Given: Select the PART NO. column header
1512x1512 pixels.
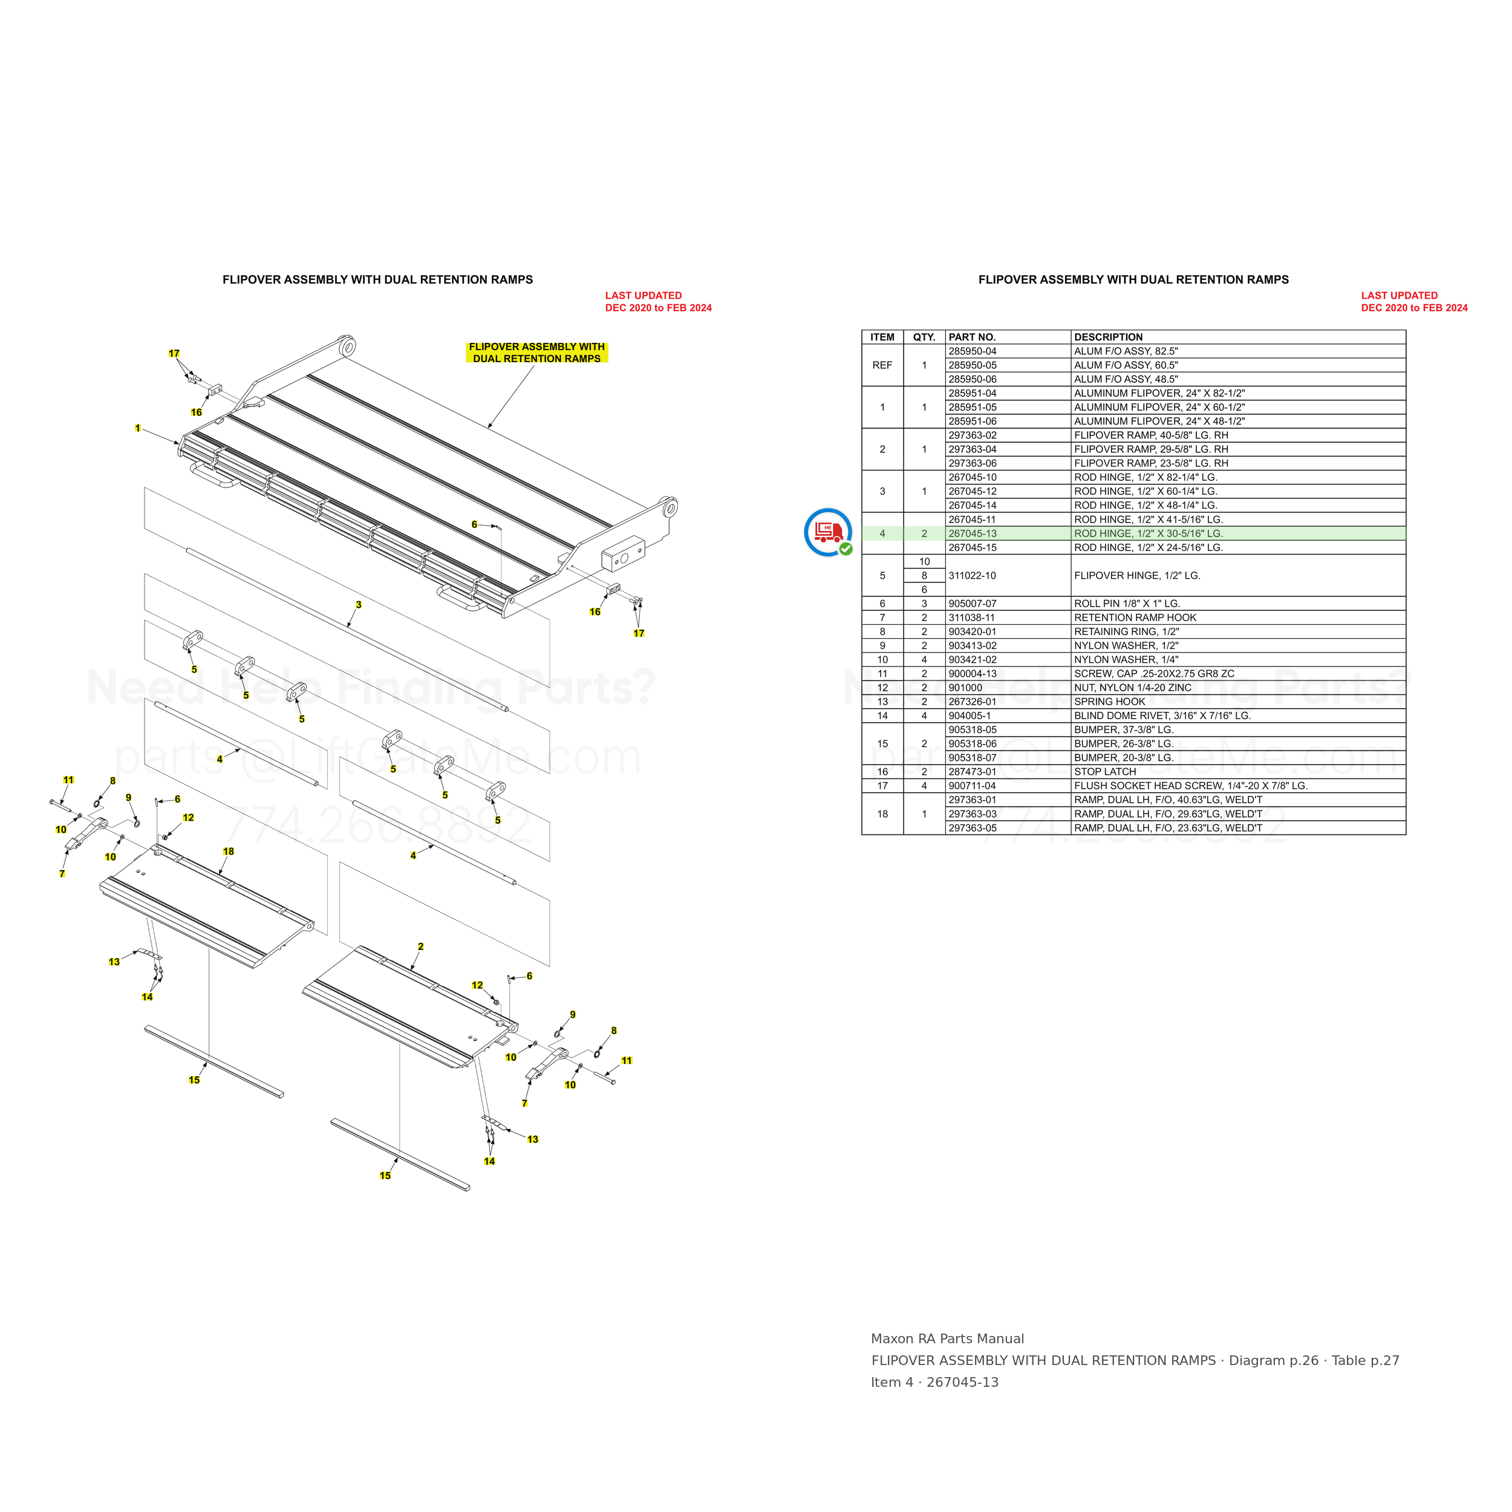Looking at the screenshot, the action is pos(972,337).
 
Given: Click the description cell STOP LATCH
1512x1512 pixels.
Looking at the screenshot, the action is pos(1105,772).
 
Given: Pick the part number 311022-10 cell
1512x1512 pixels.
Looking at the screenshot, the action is pos(972,576).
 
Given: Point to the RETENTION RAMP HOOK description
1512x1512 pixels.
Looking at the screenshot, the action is pos(1135,618).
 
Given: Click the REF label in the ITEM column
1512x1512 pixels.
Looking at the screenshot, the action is pos(882,365).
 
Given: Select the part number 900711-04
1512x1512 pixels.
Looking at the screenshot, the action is pos(972,786).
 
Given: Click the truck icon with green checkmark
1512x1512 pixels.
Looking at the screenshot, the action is pos(828,532).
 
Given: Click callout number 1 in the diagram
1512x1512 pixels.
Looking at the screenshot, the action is pos(138,428).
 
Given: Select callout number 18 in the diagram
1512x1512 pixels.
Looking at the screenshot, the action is pos(229,852).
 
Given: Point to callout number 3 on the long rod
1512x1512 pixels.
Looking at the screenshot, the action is pos(359,605).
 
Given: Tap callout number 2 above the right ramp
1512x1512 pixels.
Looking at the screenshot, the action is pos(420,947).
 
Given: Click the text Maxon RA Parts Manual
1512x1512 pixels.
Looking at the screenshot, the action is pos(947,1339).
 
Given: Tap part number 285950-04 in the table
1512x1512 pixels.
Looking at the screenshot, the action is pos(972,351).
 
